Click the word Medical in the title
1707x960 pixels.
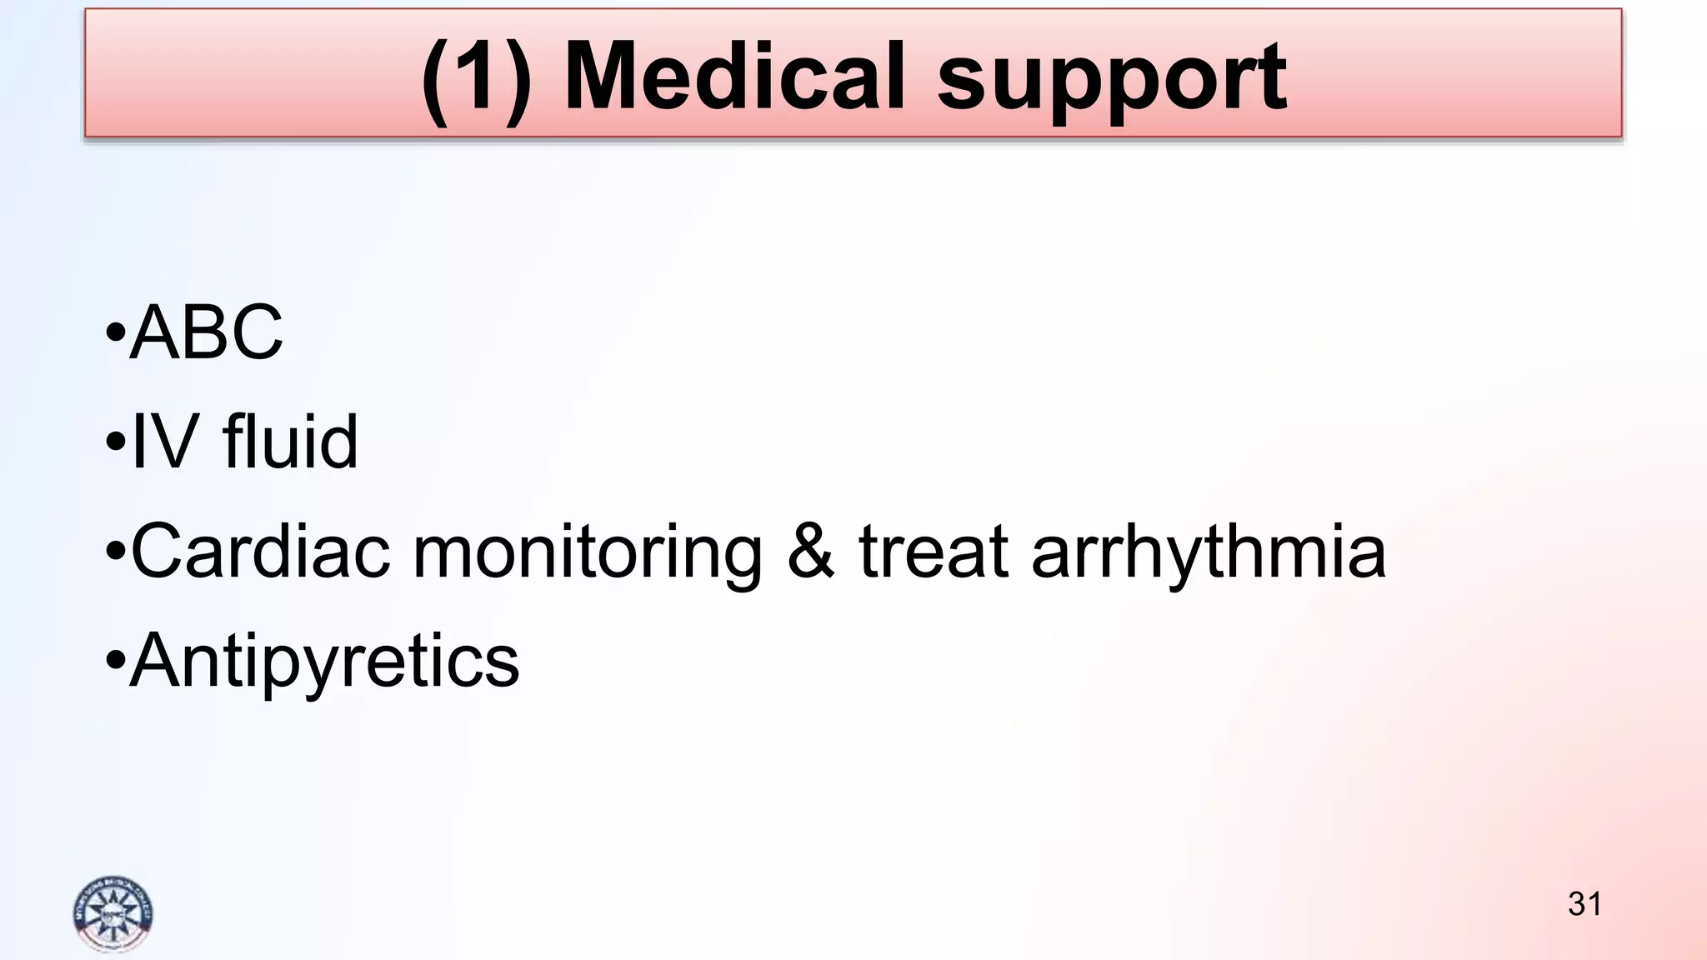pyautogui.click(x=734, y=77)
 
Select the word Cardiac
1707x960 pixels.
pyautogui.click(x=260, y=551)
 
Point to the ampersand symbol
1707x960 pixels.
pyautogui.click(x=810, y=551)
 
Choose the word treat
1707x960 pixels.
pyautogui.click(x=934, y=551)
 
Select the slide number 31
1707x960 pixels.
pyautogui.click(x=1584, y=904)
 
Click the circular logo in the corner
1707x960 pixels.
pyautogui.click(x=113, y=914)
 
